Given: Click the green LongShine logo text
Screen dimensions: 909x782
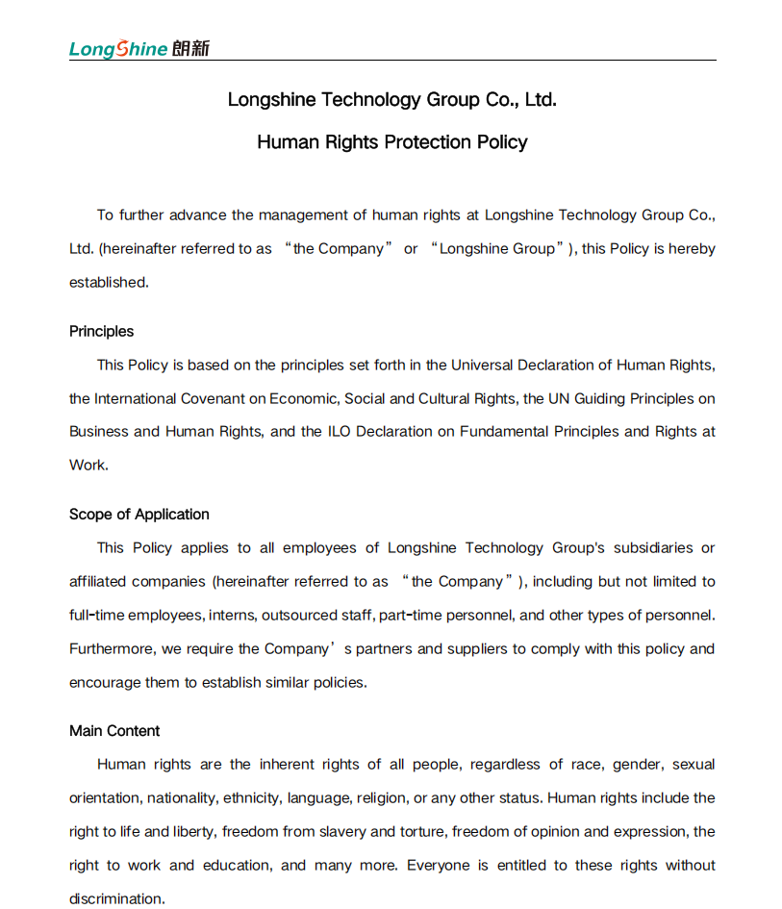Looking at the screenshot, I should point(118,49).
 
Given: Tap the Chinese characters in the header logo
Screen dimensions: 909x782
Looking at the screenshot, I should point(190,49).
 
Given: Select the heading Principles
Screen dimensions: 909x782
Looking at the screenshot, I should point(101,332).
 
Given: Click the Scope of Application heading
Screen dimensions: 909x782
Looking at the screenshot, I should point(139,515).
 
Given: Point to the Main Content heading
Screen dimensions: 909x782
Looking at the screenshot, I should point(114,731).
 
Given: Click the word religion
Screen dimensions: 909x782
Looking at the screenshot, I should point(381,798).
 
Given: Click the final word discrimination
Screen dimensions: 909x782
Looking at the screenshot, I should point(115,898).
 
